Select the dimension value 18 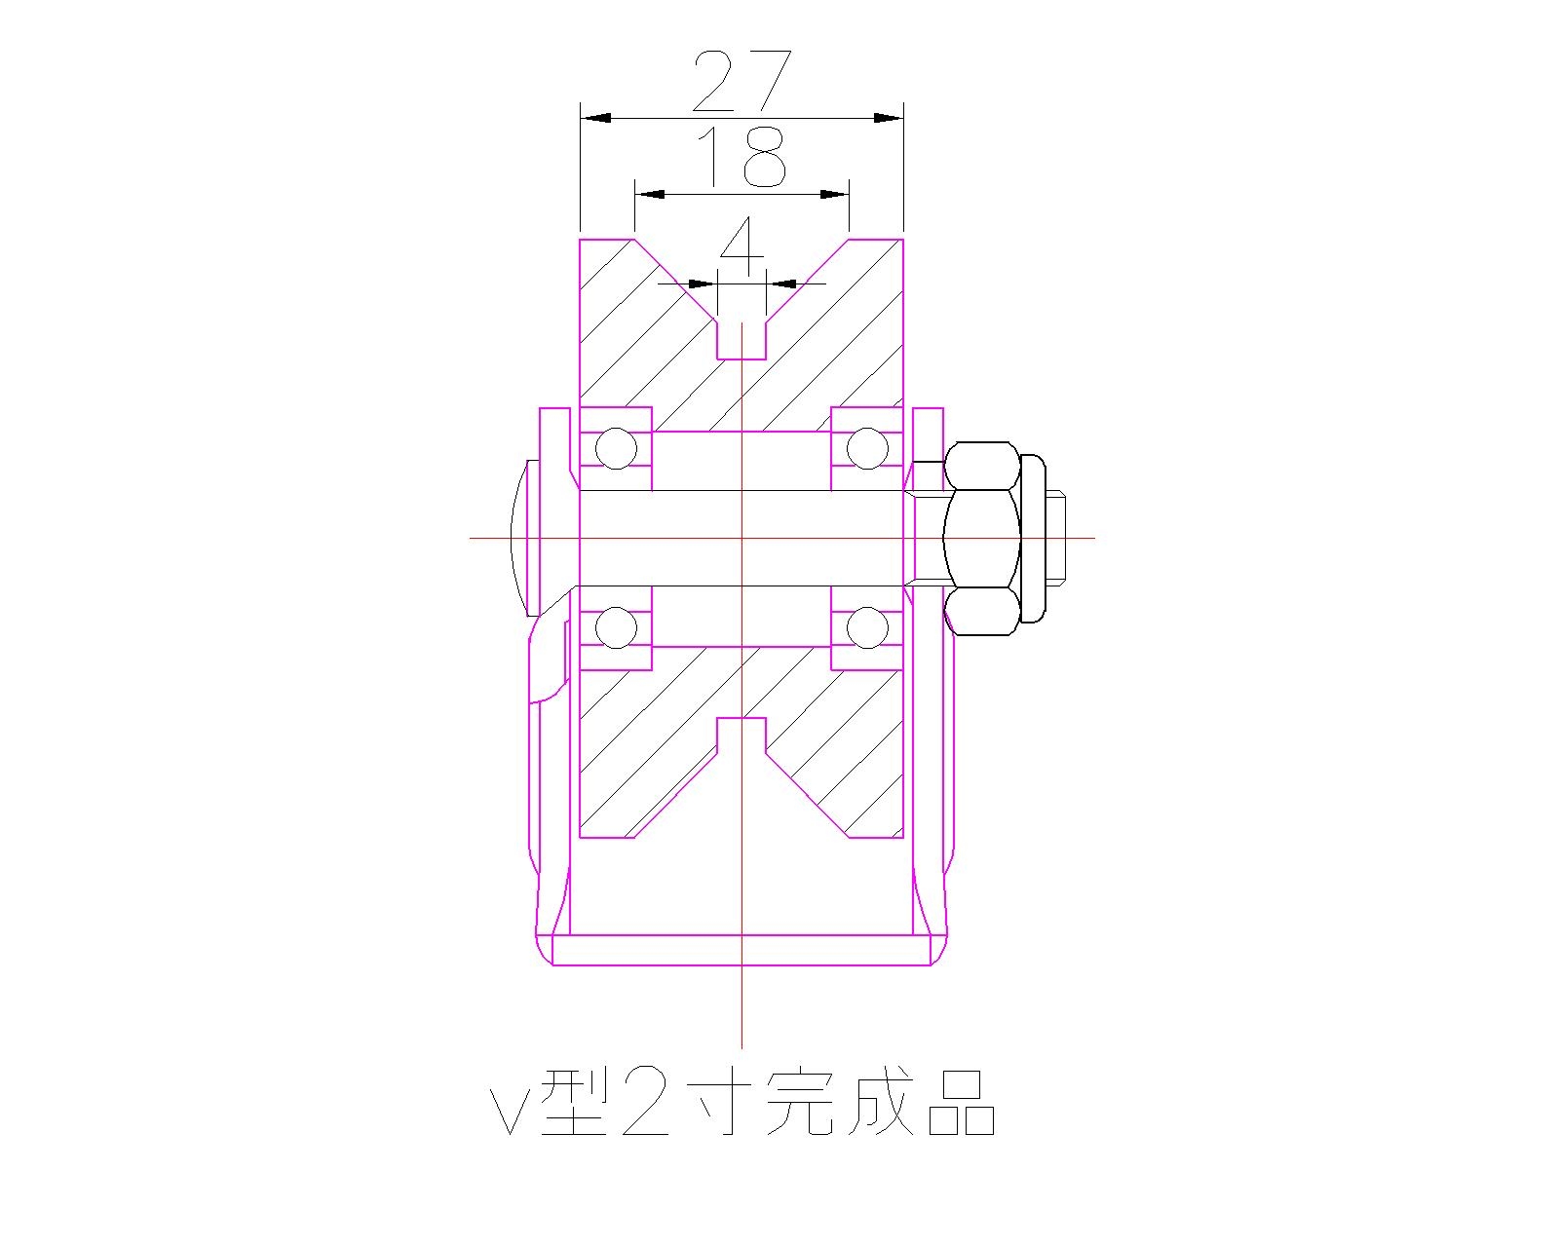tap(741, 158)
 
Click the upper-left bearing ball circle tap(616, 449)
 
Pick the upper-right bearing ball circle tap(867, 449)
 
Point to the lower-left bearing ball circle tap(616, 627)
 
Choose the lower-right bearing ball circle tap(867, 627)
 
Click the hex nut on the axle tap(982, 538)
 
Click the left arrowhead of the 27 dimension tap(596, 118)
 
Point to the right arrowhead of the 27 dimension tap(887, 118)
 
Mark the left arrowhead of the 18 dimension tap(651, 194)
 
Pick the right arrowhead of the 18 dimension tap(833, 194)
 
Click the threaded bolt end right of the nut tap(1057, 538)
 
